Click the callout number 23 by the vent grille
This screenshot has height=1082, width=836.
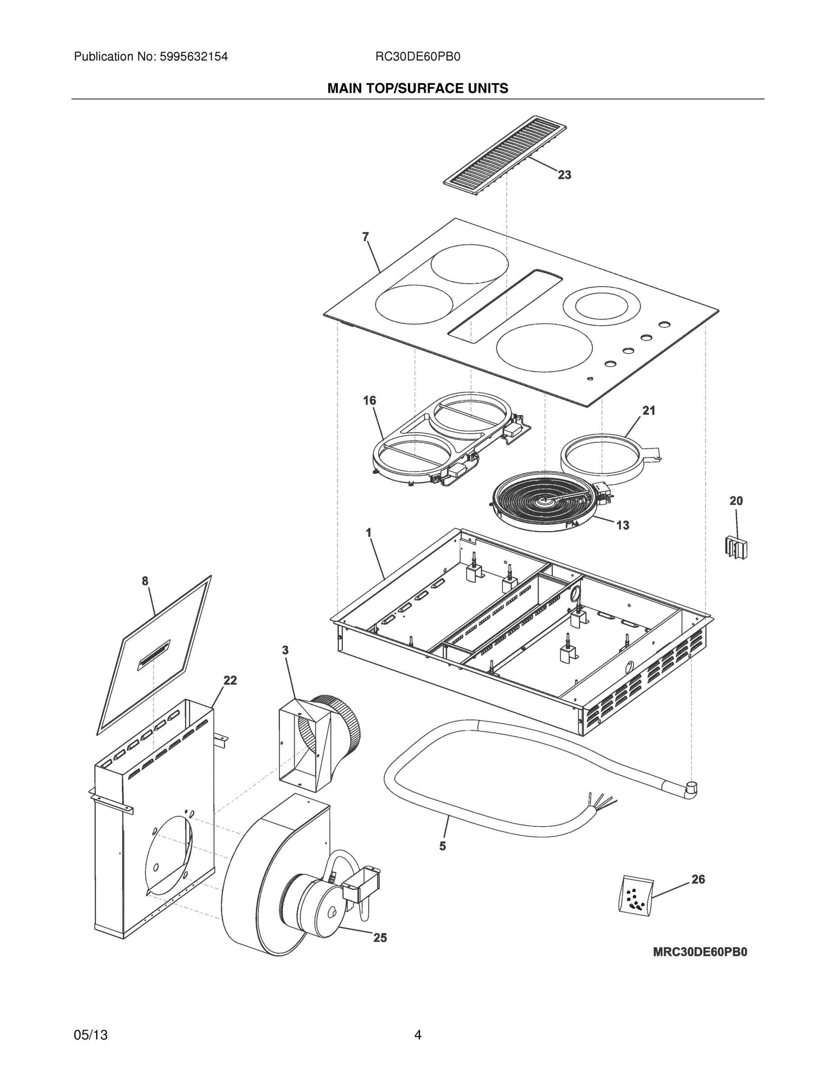[564, 175]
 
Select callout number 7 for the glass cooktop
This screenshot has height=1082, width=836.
[365, 237]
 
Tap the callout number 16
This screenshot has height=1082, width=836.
[370, 400]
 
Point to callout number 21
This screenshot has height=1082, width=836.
[649, 410]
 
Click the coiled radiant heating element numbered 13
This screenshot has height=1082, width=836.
[547, 503]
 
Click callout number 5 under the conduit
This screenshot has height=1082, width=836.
[442, 846]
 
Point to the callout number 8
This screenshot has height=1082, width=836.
[145, 581]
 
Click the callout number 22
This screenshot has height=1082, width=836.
[230, 680]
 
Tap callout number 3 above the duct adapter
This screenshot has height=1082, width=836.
[285, 650]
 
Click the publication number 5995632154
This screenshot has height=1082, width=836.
[194, 56]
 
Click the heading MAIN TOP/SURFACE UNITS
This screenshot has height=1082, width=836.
[417, 88]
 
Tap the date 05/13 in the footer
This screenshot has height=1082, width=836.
[91, 1035]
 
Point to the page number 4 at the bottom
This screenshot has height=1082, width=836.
[417, 1035]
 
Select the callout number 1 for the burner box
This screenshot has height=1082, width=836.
[369, 532]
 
